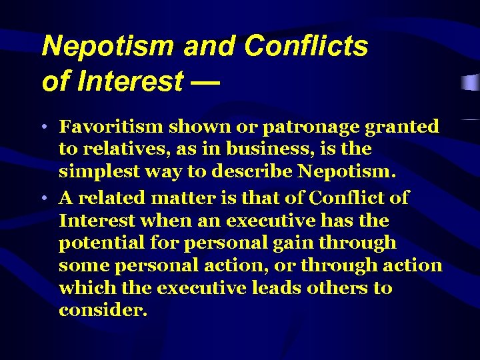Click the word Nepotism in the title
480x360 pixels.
(107, 47)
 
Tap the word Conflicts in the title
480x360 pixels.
(306, 47)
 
